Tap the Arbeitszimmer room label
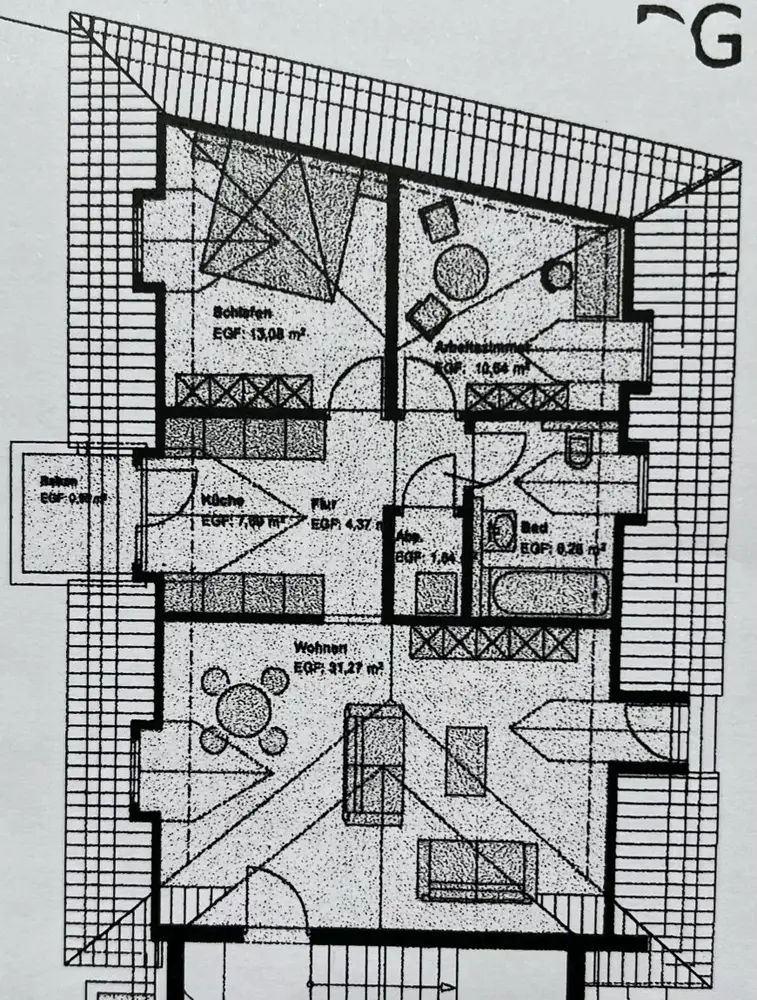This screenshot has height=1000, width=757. pos(481,347)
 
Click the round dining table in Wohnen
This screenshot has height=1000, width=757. pos(243,711)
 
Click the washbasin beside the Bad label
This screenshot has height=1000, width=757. pos(503,530)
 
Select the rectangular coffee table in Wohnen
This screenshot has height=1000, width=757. pos(466,761)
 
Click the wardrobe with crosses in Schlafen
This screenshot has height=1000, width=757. pos(244,391)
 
